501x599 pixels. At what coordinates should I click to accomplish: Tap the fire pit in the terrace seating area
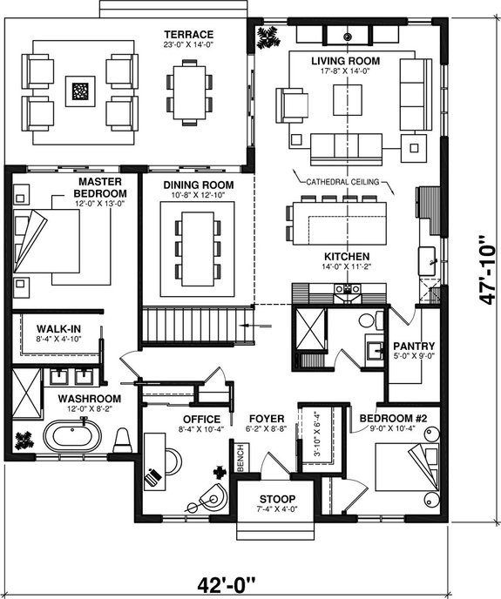point(80,91)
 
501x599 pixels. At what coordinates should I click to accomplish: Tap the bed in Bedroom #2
point(410,469)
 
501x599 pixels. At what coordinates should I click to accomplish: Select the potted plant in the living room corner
point(267,37)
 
